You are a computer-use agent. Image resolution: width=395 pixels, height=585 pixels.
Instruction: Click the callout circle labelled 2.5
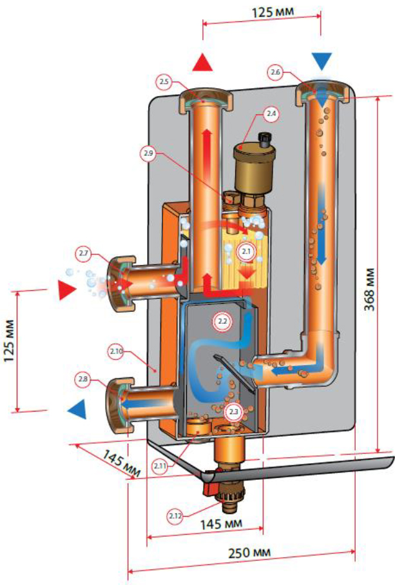pyautogui.click(x=164, y=82)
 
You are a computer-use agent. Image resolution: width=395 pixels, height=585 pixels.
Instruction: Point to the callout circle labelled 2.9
pyautogui.click(x=149, y=154)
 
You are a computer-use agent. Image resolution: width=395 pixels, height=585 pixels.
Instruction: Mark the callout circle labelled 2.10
pyautogui.click(x=116, y=351)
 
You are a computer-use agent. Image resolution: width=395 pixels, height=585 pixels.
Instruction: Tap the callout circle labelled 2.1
pyautogui.click(x=245, y=250)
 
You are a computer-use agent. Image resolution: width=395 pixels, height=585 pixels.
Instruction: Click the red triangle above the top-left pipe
pyautogui.click(x=204, y=63)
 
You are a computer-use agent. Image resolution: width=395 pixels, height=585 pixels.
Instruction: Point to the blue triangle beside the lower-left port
pyautogui.click(x=77, y=408)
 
